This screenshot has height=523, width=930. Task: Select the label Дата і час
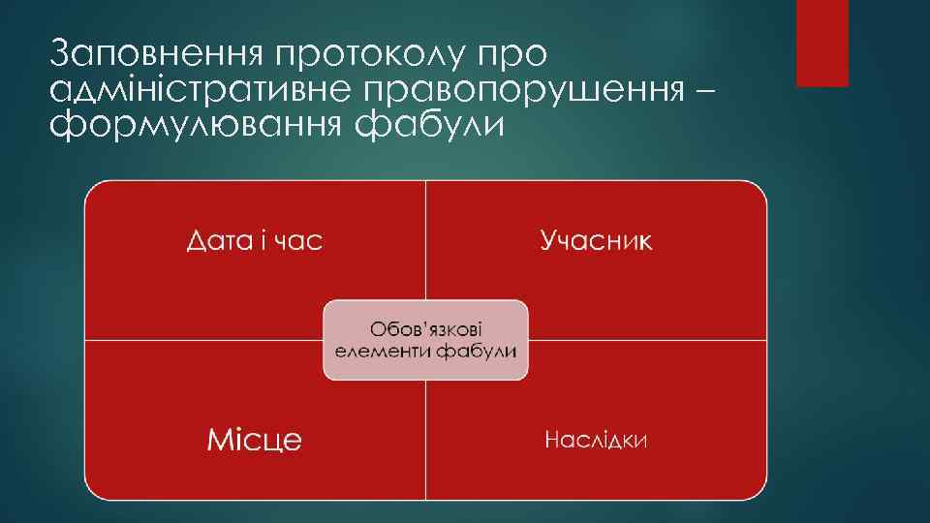(255, 241)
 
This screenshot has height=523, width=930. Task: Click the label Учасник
(596, 241)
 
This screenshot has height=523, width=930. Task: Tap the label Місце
(255, 440)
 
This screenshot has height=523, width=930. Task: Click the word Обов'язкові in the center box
(426, 326)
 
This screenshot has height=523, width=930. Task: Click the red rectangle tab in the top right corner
(821, 43)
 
